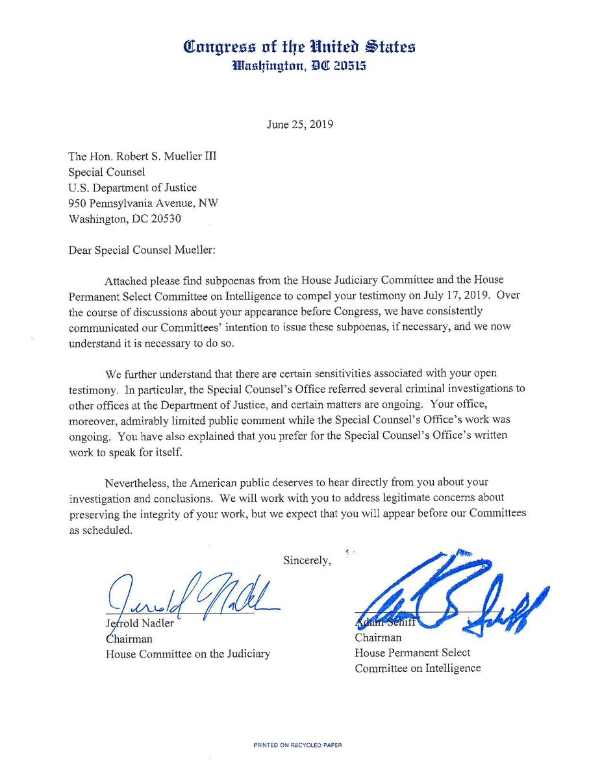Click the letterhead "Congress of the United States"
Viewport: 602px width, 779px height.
(299, 47)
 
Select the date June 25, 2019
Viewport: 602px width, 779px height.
(299, 124)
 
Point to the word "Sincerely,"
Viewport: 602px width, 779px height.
(308, 560)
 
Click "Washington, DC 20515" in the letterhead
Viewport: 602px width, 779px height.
(299, 66)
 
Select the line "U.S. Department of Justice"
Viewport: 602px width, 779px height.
(132, 188)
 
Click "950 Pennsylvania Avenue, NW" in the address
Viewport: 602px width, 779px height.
(143, 203)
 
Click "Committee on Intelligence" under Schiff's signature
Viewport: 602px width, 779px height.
(418, 668)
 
